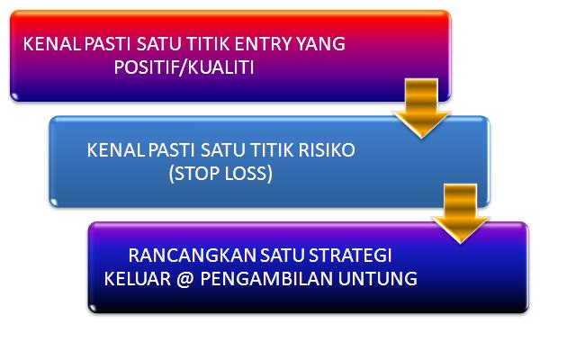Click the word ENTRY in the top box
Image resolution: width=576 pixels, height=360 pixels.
pos(267,43)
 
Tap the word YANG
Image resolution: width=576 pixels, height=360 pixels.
pos(323,43)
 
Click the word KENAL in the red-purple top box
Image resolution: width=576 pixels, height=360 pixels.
pos(47,43)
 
